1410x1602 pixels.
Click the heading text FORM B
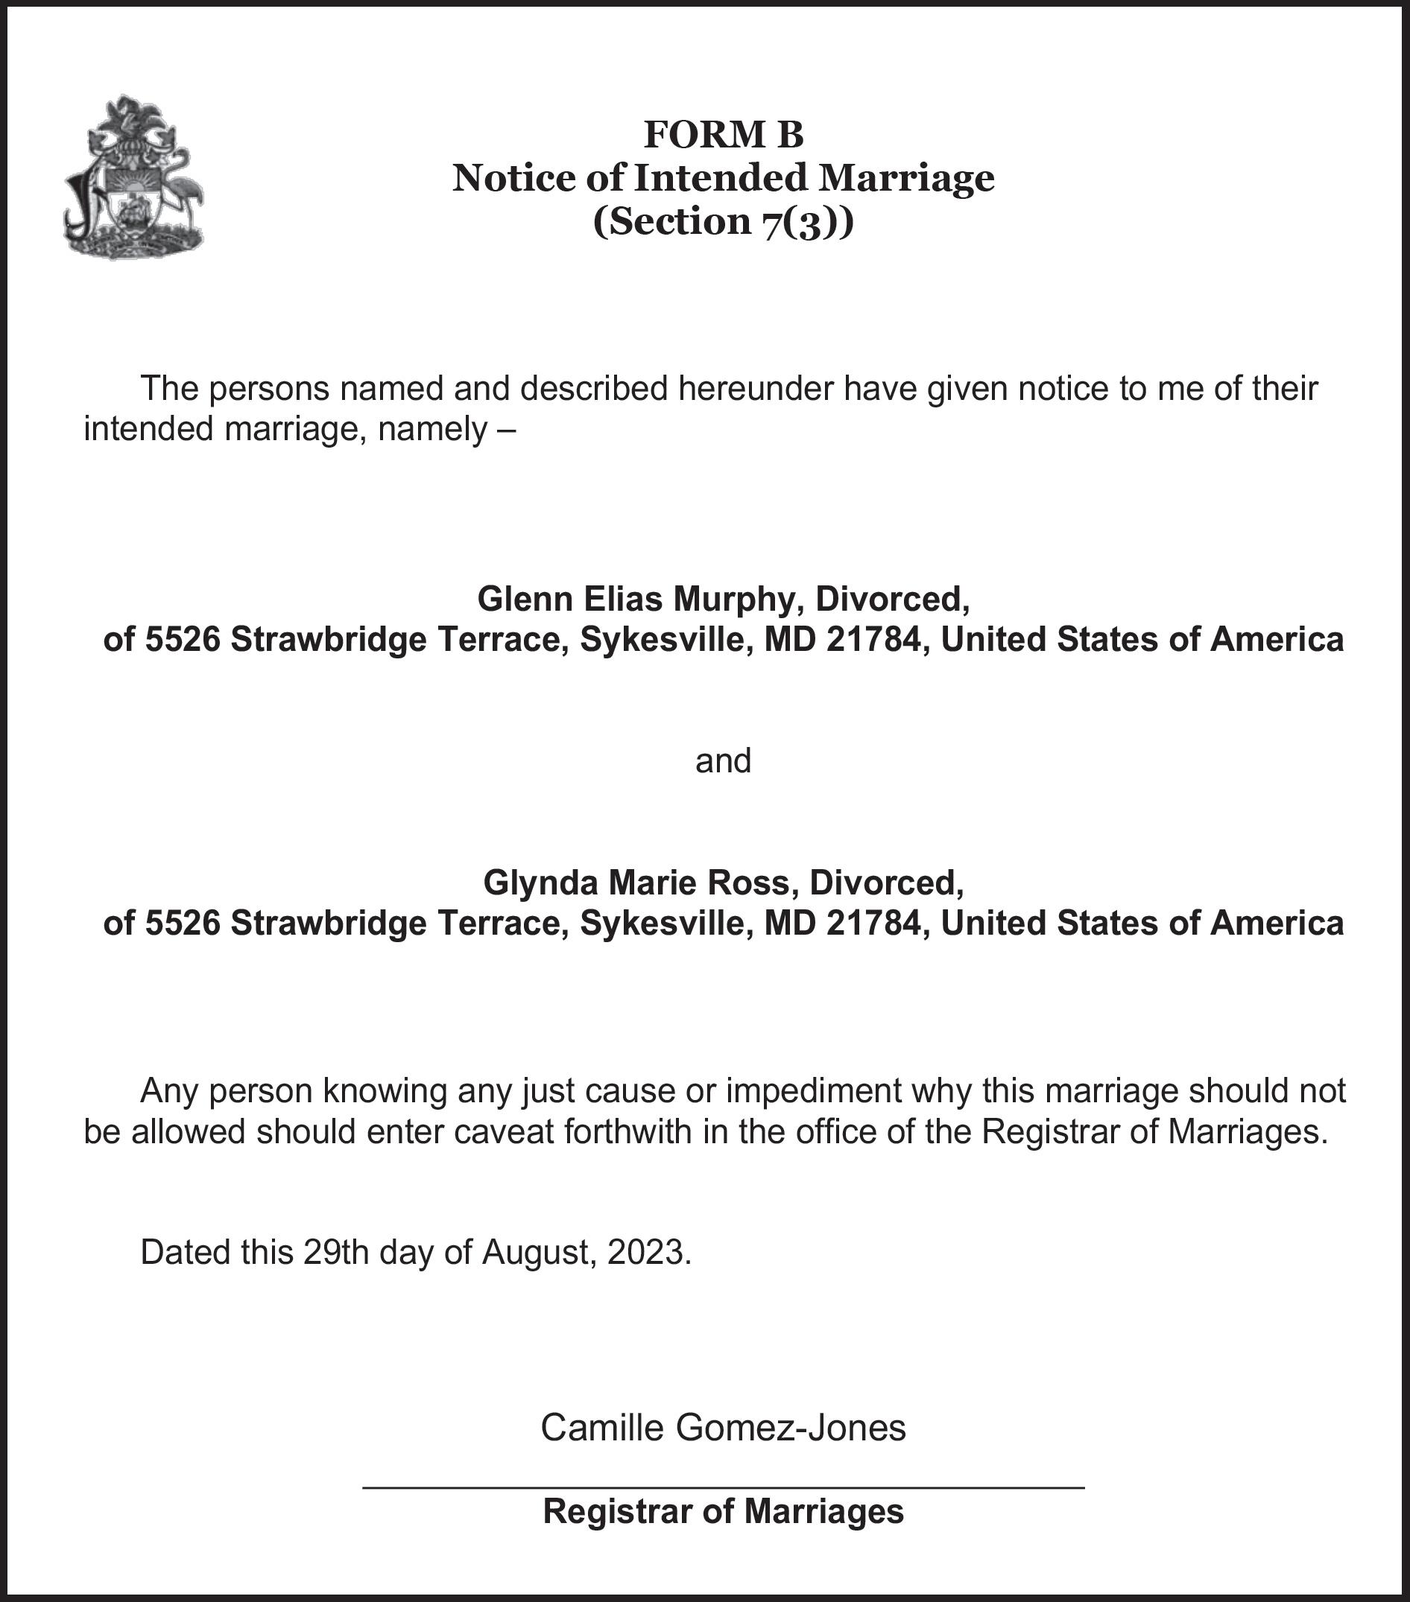click(723, 134)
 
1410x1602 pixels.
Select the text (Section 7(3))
click(723, 222)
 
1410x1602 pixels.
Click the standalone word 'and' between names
click(723, 761)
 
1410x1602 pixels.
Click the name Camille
click(601, 1428)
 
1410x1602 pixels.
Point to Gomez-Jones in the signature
click(791, 1428)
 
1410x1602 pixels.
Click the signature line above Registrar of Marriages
click(723, 1487)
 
